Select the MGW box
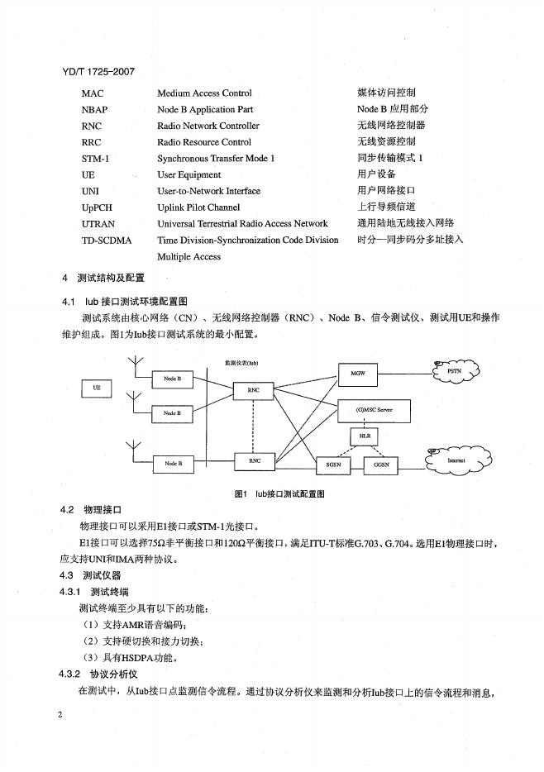(358, 374)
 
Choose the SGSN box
(333, 465)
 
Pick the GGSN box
(381, 465)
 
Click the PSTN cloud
(453, 372)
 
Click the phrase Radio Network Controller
(208, 126)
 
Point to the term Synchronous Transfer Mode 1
(216, 158)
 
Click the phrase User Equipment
(189, 174)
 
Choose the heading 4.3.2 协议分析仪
(103, 674)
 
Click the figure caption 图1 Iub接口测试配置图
(279, 493)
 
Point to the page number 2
(61, 713)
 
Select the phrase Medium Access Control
(204, 93)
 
